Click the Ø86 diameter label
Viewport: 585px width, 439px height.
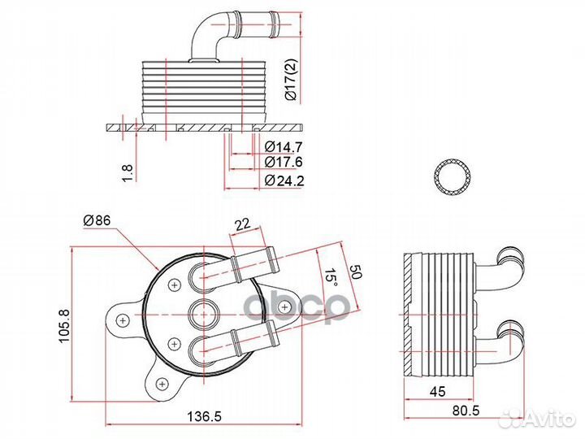[97, 220]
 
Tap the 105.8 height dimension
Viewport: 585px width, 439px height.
[64, 324]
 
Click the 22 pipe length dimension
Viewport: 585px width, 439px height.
[242, 224]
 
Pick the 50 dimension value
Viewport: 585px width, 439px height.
[355, 272]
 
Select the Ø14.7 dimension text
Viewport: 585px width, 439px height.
[284, 146]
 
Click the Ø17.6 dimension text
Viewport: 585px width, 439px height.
[284, 162]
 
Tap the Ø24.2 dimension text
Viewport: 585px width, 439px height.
[284, 180]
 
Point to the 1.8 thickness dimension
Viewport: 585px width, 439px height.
[128, 173]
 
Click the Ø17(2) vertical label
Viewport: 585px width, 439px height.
[290, 79]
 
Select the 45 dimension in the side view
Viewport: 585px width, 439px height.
[438, 391]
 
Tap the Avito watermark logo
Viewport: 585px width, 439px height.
[538, 419]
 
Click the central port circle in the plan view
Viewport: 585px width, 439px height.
[203, 315]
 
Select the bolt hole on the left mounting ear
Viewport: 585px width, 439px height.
[122, 320]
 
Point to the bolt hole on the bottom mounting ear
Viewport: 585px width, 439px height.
[162, 384]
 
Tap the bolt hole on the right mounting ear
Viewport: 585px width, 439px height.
[284, 307]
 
